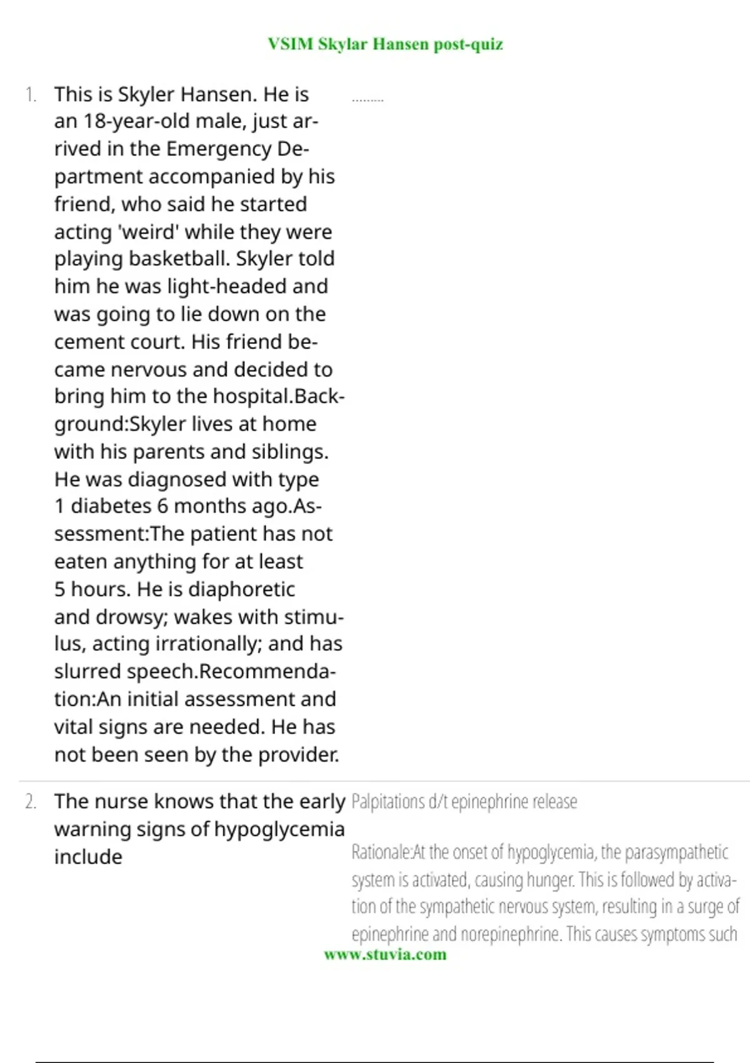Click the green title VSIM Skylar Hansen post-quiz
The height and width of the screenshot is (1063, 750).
(x=385, y=44)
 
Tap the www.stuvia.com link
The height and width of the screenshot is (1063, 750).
(x=385, y=954)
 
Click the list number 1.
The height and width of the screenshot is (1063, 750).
(x=31, y=95)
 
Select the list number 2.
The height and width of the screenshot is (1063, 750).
(x=31, y=802)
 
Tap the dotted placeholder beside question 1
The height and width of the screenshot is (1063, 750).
(x=367, y=99)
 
